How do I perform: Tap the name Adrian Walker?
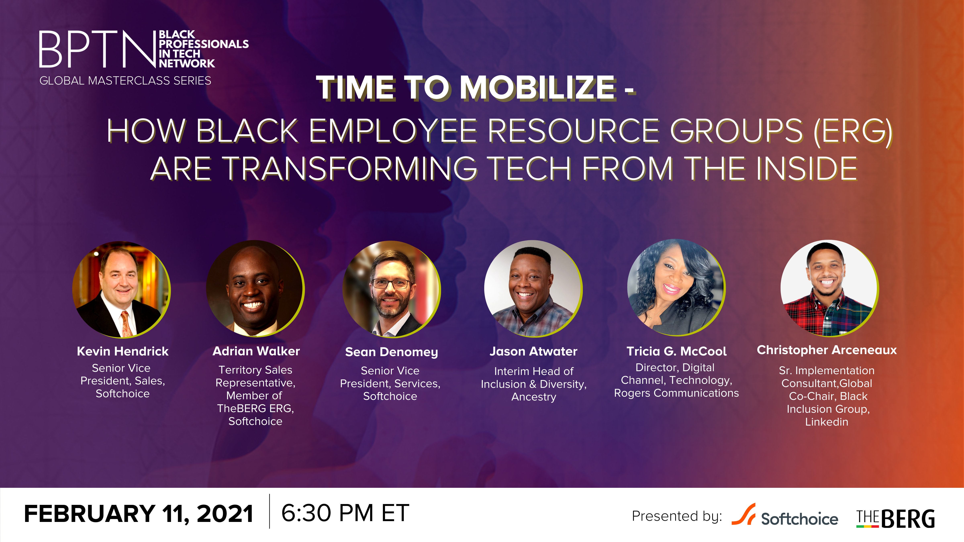[x=256, y=351]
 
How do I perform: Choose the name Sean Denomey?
[x=391, y=352]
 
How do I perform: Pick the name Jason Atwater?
[x=533, y=352]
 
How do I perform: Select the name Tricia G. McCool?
[x=676, y=351]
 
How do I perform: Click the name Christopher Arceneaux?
[x=827, y=350]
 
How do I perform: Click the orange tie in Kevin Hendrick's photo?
[x=126, y=324]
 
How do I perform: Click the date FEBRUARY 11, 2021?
[x=138, y=513]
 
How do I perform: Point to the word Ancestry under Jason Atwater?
[x=534, y=397]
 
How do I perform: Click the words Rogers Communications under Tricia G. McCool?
[x=676, y=393]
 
